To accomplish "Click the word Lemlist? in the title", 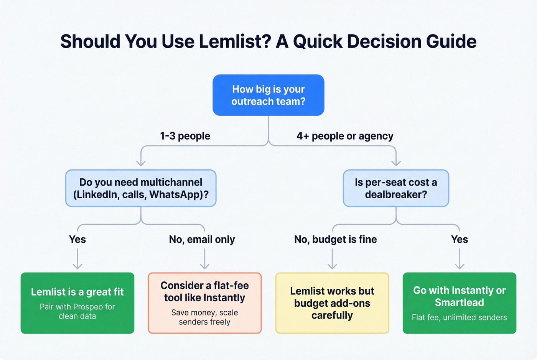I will pyautogui.click(x=235, y=41).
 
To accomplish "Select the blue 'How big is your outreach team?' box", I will pyautogui.click(x=268, y=95).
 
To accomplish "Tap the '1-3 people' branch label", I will pyautogui.click(x=185, y=136).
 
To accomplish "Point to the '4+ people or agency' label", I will pyautogui.click(x=345, y=136).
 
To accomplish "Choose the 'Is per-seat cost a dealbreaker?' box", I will pyautogui.click(x=395, y=188).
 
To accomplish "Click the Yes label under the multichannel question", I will pyautogui.click(x=77, y=240).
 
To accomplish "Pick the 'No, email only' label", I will pyautogui.click(x=202, y=240).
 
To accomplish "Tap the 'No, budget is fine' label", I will pyautogui.click(x=335, y=240).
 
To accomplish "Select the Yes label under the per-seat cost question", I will pyautogui.click(x=459, y=240).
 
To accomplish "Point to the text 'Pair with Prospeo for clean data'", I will pyautogui.click(x=77, y=311).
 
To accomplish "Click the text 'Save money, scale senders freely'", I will pyautogui.click(x=204, y=317).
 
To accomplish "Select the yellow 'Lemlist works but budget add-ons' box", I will pyautogui.click(x=332, y=303).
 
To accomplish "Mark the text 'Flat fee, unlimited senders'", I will pyautogui.click(x=459, y=317).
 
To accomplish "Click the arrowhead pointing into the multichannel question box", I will pyautogui.click(x=141, y=163).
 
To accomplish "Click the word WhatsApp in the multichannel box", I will pyautogui.click(x=175, y=195).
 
